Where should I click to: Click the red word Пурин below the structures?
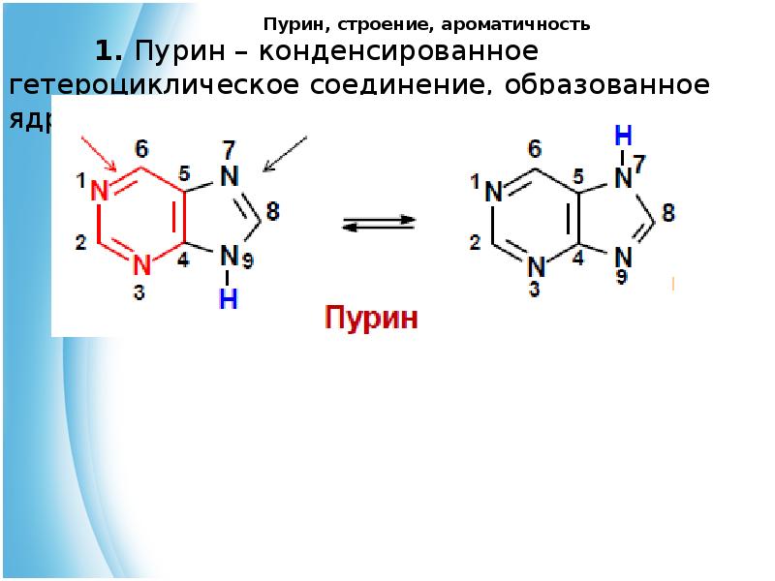point(371,319)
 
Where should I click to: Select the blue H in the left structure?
point(228,300)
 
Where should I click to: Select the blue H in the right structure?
point(626,135)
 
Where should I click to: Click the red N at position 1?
point(100,192)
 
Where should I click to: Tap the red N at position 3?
point(141,263)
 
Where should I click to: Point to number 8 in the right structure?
point(668,212)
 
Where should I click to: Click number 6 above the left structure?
point(142,149)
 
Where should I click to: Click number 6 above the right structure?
point(535,149)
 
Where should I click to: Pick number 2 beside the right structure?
point(475,242)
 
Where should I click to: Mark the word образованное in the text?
point(593,85)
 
